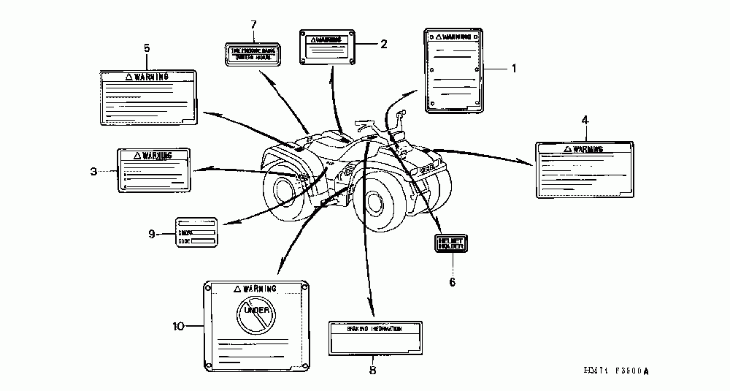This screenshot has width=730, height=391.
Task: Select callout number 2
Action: [384, 44]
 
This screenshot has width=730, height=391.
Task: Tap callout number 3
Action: [93, 171]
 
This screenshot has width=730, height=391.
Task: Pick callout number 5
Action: [147, 48]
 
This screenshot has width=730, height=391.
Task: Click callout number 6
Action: [452, 281]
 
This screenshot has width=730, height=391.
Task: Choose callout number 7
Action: [253, 24]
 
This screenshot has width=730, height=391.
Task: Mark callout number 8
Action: [372, 371]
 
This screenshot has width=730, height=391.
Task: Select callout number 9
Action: [152, 234]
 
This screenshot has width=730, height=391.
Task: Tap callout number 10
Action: [177, 326]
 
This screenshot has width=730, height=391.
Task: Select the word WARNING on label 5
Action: [153, 76]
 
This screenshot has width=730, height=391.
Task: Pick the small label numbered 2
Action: [327, 45]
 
